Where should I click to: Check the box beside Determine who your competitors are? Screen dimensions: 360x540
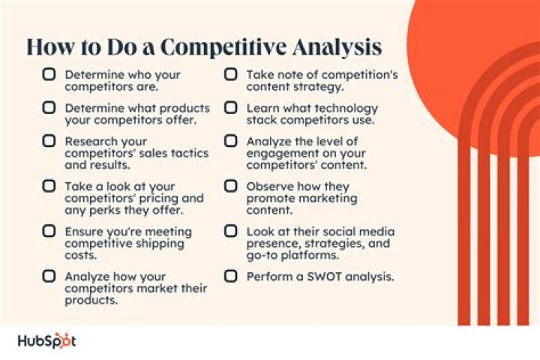[x=49, y=75]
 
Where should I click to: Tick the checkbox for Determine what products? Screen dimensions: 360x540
[x=49, y=108]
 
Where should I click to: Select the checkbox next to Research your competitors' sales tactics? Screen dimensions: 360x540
[x=49, y=141]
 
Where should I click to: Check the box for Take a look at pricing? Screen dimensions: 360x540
[x=49, y=186]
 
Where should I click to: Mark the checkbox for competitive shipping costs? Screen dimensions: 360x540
[x=49, y=232]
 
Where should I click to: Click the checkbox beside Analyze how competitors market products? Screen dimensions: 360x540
[x=49, y=276]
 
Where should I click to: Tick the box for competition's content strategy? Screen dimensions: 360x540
[x=232, y=75]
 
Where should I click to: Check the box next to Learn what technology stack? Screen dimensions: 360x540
[x=232, y=108]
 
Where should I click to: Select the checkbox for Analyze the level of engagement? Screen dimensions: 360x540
[x=232, y=141]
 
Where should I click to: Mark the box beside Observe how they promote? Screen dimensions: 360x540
[x=232, y=186]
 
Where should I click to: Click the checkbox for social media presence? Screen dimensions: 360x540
[x=232, y=232]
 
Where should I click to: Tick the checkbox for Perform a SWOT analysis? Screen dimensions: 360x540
[x=232, y=276]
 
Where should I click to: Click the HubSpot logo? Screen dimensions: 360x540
[x=46, y=340]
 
